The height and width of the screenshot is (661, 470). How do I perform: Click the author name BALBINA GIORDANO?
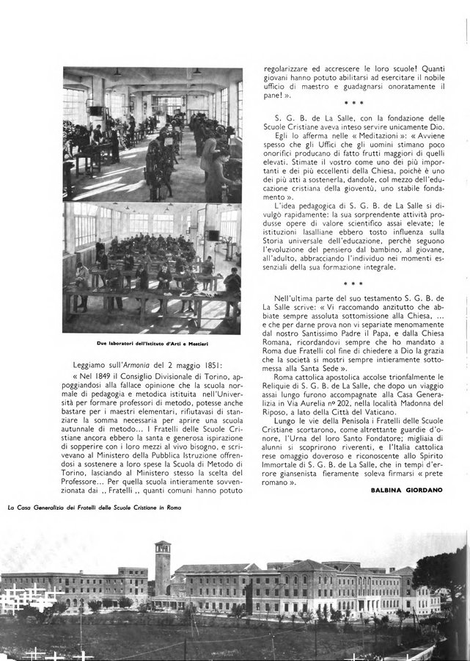(406, 490)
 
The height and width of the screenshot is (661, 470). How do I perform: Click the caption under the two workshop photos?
(152, 343)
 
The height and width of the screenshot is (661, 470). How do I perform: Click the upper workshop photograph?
(153, 134)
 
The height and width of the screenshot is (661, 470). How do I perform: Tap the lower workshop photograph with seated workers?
(153, 267)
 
